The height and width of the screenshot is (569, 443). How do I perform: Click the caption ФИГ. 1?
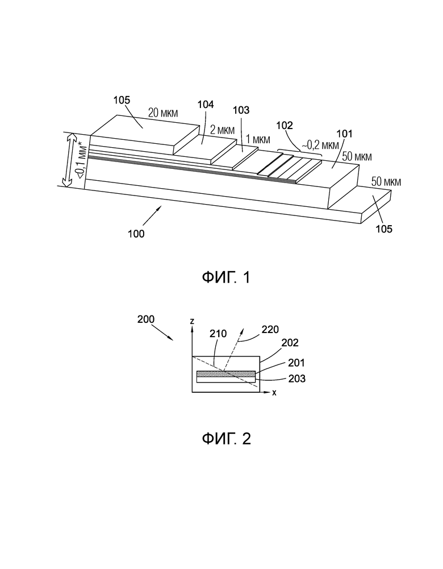[x=226, y=278]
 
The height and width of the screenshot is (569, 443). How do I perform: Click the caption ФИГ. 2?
[x=226, y=439]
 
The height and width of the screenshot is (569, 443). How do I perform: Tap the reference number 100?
[x=136, y=234]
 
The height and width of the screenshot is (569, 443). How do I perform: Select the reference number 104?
[x=206, y=105]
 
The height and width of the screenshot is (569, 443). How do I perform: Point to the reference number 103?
[x=241, y=110]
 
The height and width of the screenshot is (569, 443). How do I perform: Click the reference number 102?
[x=284, y=126]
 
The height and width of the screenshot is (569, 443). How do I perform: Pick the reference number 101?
[x=344, y=134]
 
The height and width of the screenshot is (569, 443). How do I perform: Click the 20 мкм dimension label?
[x=163, y=113]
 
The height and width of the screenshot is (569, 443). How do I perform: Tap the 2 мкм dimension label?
[x=223, y=130]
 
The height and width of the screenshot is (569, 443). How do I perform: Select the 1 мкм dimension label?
[x=258, y=139]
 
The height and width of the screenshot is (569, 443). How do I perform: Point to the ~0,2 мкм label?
[x=320, y=146]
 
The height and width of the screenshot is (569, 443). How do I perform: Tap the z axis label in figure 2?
[x=192, y=321]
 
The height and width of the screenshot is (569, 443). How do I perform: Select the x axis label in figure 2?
[x=274, y=393]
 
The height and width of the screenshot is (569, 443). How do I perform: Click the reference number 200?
[x=146, y=319]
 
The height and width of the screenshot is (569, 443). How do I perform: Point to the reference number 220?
[x=270, y=330]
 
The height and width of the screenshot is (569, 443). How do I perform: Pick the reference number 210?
[x=218, y=334]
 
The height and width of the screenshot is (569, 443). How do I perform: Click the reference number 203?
[x=297, y=379]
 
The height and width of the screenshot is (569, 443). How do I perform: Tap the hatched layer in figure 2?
[x=226, y=374]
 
